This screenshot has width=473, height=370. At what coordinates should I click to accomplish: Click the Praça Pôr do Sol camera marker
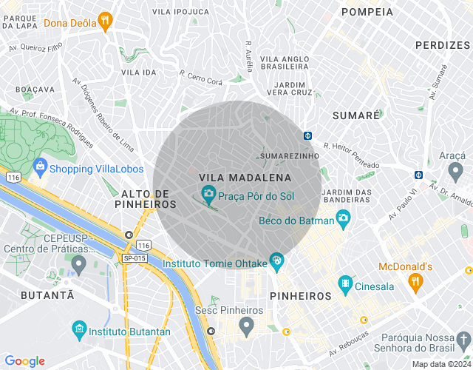tap(209, 195)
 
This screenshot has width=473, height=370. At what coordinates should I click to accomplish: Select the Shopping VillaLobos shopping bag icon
tap(40, 167)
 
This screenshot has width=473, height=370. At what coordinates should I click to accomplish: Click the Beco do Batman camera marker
tap(343, 218)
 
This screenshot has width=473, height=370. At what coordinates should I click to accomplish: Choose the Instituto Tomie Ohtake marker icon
tap(276, 260)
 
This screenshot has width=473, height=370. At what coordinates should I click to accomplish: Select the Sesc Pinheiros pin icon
tap(247, 325)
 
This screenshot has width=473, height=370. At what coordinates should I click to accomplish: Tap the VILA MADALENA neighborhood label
tap(245, 178)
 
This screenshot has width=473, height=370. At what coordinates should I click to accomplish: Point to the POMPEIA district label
tap(367, 12)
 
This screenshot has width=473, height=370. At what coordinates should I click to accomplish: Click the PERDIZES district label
tap(443, 45)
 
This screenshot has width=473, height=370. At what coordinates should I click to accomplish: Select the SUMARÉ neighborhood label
tap(356, 115)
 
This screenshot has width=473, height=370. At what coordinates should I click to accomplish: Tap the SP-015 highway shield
tap(135, 258)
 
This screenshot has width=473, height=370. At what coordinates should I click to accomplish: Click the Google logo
tap(25, 361)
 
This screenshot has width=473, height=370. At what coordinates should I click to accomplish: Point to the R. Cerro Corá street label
tap(200, 78)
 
